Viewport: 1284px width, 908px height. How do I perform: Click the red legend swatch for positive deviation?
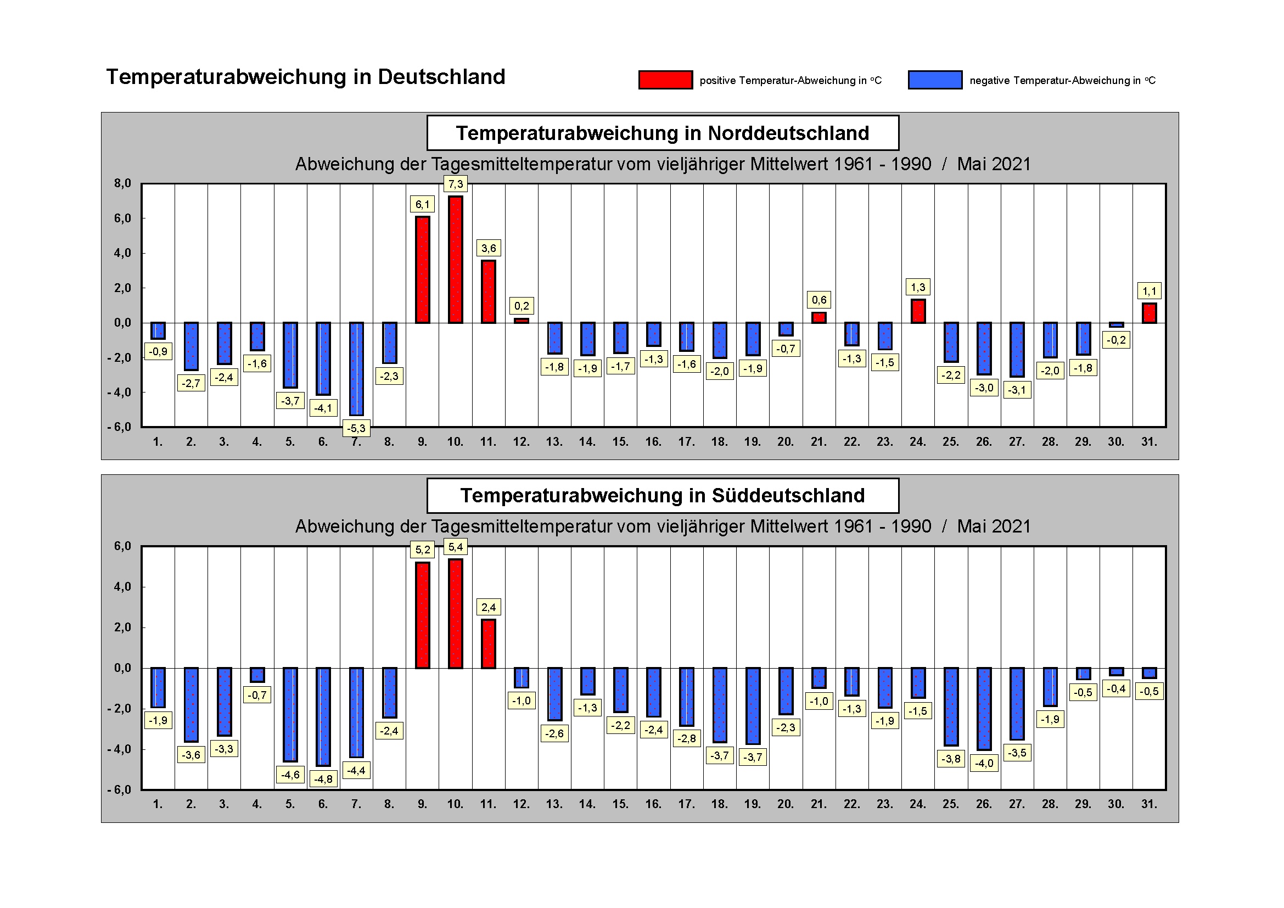665,80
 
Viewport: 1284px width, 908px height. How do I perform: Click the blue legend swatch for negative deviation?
934,80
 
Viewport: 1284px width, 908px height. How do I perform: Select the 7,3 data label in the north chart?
455,184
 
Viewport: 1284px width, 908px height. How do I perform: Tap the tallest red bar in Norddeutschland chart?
455,260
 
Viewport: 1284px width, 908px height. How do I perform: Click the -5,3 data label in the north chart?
356,428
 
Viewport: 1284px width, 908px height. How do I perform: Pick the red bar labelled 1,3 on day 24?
918,311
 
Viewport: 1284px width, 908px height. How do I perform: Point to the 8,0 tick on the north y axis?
122,183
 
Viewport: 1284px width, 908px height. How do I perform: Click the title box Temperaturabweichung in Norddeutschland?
662,133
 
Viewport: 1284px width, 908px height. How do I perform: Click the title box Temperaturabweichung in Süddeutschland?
662,495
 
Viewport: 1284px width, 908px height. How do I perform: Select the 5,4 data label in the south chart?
455,547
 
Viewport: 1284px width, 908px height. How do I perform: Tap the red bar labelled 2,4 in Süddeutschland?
488,643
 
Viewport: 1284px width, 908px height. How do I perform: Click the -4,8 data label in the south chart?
323,779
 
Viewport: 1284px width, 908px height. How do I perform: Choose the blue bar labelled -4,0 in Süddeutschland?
984,708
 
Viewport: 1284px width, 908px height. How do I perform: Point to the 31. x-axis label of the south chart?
1148,804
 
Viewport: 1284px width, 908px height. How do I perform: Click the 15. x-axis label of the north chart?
620,442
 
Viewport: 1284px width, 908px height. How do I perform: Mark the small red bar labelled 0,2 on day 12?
521,321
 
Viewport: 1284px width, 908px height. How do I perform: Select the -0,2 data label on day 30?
1116,340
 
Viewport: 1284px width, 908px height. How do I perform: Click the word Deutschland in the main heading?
441,77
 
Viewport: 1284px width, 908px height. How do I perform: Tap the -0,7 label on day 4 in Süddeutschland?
257,695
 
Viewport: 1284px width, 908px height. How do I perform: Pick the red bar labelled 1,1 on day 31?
1149,312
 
